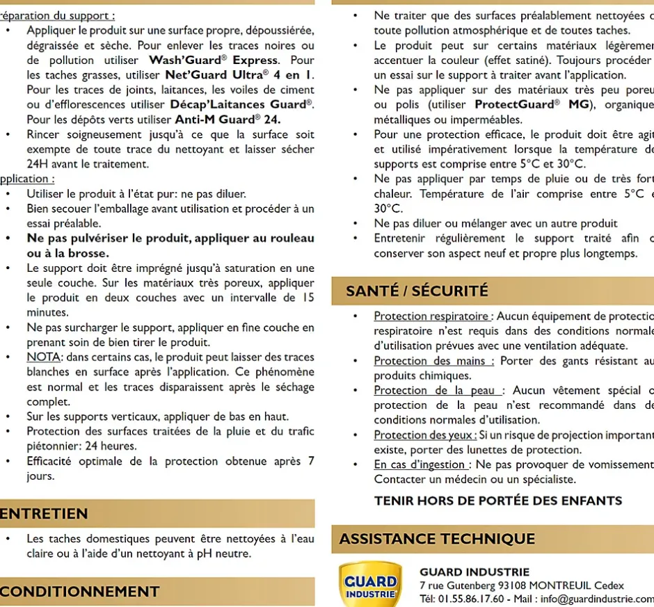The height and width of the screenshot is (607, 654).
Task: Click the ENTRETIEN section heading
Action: pyautogui.click(x=45, y=514)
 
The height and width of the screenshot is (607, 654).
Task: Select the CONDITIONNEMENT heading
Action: pyautogui.click(x=79, y=592)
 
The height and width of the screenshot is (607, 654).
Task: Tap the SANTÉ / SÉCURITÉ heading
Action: pyautogui.click(x=417, y=291)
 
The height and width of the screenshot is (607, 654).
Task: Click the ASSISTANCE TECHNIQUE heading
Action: pyautogui.click(x=437, y=539)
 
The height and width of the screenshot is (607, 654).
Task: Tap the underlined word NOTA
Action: pyautogui.click(x=44, y=357)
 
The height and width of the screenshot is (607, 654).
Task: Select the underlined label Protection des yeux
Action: pyautogui.click(x=424, y=435)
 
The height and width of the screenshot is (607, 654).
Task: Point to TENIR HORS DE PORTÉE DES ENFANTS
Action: pyautogui.click(x=498, y=501)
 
